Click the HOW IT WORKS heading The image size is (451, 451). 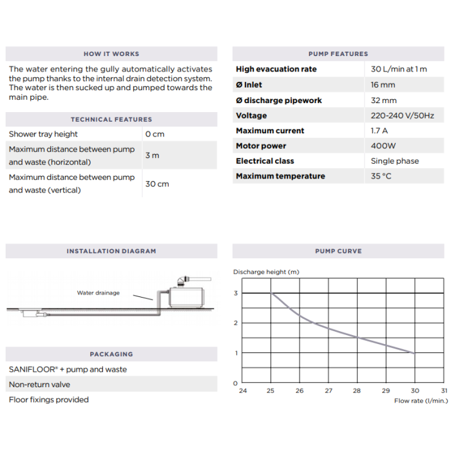(x=111, y=54)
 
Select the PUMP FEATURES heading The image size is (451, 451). (x=338, y=54)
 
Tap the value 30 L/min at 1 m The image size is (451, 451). (x=399, y=70)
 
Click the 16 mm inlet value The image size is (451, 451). (x=383, y=85)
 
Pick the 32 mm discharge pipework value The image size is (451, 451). (x=383, y=101)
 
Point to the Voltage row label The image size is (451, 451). (x=251, y=116)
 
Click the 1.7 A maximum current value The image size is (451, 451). (x=380, y=131)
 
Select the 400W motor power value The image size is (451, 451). (x=383, y=146)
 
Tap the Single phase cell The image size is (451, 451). (x=394, y=161)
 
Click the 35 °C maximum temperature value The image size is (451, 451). (x=381, y=177)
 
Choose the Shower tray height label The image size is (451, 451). (x=43, y=134)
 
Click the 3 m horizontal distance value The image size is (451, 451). (x=152, y=156)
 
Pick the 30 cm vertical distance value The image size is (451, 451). (x=157, y=184)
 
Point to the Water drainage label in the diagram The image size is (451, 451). (x=98, y=293)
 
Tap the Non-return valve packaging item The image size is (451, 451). (x=39, y=385)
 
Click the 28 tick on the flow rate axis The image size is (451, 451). (x=357, y=390)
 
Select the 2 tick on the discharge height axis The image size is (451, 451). (x=235, y=323)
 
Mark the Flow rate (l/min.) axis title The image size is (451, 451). (x=420, y=401)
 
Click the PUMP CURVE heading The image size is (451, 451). (x=338, y=251)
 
